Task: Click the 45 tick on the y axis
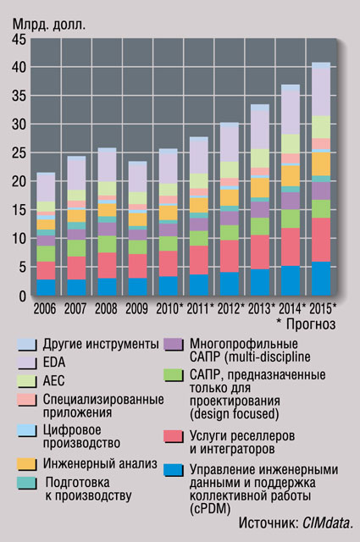(19, 40)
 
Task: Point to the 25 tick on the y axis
(19, 153)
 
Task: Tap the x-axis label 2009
(136, 308)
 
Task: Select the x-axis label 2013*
(262, 308)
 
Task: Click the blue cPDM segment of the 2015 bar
(321, 279)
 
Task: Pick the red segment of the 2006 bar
(46, 271)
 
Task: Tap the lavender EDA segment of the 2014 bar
(291, 113)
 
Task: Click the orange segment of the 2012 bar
(230, 197)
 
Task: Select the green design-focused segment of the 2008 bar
(108, 244)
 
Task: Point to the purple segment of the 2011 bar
(199, 224)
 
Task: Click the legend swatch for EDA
(26, 362)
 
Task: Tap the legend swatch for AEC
(26, 381)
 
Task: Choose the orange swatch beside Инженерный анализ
(26, 464)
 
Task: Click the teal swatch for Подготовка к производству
(26, 483)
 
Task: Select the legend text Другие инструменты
(101, 345)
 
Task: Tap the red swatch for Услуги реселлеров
(174, 436)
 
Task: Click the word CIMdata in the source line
(327, 523)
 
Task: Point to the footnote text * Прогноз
(307, 324)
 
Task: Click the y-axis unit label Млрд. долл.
(49, 25)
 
